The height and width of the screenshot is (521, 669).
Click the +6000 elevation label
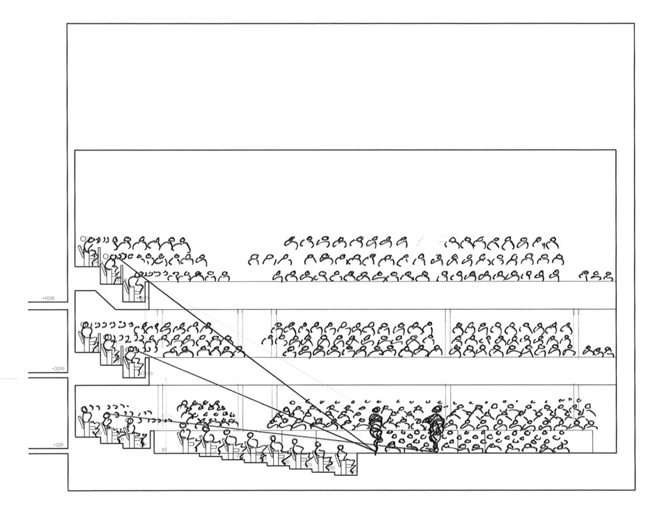click(47, 298)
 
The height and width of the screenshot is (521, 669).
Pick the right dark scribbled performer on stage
click(436, 426)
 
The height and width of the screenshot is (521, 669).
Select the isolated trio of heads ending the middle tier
click(597, 350)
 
